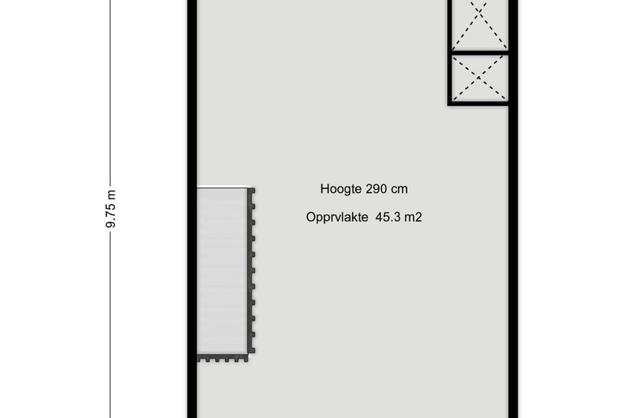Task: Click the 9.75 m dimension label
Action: tap(111, 209)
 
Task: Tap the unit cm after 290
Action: tap(400, 190)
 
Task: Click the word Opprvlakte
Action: tap(337, 218)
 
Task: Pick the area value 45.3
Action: tap(388, 217)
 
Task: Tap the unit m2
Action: tap(413, 217)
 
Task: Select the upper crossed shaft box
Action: tap(478, 25)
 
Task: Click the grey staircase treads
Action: tap(222, 271)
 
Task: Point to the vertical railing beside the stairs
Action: tap(252, 271)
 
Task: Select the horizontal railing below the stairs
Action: tap(223, 358)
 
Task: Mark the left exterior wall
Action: tap(192, 209)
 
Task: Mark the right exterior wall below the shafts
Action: tap(513, 262)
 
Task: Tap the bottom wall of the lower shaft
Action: tap(478, 104)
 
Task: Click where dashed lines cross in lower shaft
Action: tap(479, 78)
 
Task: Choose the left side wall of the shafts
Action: tap(450, 53)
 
